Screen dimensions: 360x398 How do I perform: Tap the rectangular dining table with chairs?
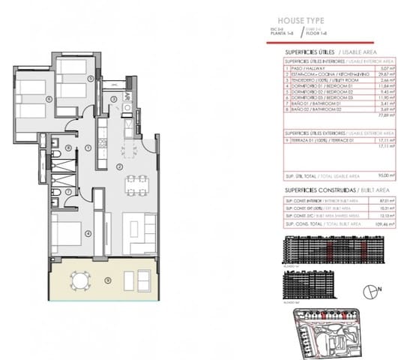click(x=135, y=181)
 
